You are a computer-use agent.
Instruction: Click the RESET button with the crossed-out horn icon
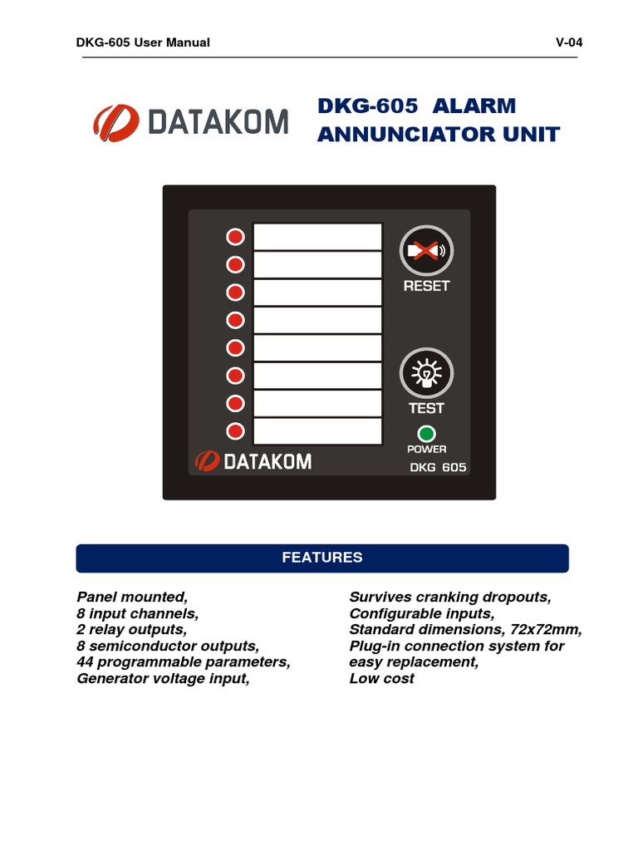tap(425, 250)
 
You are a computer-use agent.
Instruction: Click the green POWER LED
tap(427, 433)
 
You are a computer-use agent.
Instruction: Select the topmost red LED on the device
tap(236, 237)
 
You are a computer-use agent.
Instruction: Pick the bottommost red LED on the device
tap(236, 431)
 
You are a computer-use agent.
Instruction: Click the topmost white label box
tap(317, 236)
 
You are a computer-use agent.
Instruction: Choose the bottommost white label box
tap(317, 431)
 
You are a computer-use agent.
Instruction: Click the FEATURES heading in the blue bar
tap(322, 558)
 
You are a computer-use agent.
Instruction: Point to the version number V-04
tap(569, 42)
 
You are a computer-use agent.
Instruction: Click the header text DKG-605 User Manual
tap(143, 42)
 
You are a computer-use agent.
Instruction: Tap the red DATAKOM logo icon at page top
tap(115, 122)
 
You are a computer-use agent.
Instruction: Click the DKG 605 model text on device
tap(438, 467)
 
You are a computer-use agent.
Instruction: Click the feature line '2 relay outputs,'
tap(131, 630)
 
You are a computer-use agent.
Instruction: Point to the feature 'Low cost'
tap(381, 678)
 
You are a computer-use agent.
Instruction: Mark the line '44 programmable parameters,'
tap(184, 662)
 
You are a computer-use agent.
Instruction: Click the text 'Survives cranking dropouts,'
tap(450, 598)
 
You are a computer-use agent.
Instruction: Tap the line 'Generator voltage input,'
tap(163, 678)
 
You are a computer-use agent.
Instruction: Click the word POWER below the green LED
tap(426, 449)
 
